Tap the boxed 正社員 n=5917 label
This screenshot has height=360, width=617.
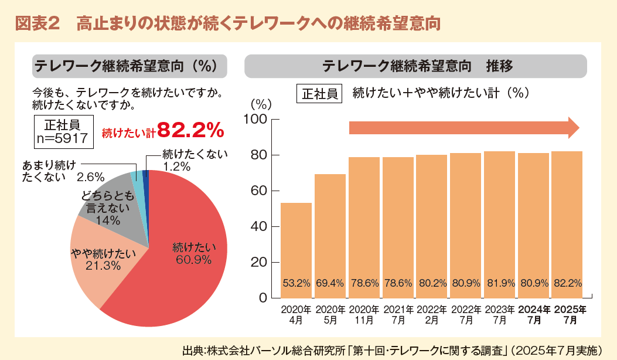point(62,130)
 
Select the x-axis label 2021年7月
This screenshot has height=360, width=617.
point(398,315)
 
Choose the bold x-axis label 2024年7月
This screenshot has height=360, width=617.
point(533,315)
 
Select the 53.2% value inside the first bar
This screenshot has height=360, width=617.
point(296,284)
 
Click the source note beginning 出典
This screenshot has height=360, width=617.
point(393,349)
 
